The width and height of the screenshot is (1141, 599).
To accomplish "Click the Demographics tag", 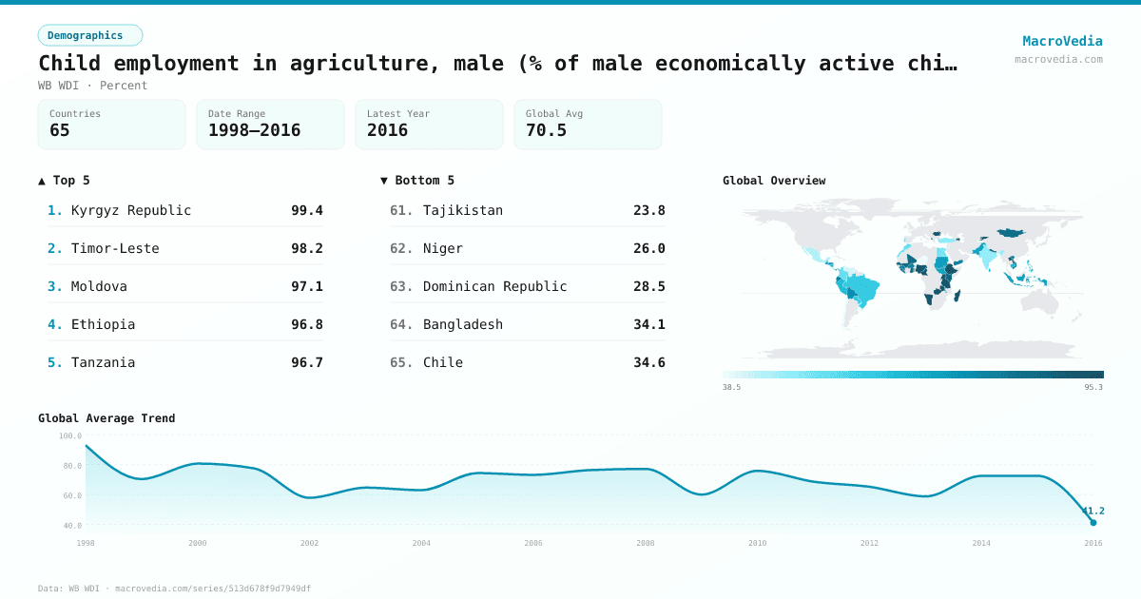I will (89, 35).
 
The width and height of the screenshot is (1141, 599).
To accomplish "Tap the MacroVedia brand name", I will (1062, 41).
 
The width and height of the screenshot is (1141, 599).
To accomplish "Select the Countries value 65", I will (60, 130).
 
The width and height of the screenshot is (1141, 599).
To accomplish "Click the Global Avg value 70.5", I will (546, 130).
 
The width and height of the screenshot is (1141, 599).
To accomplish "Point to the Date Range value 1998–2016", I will (254, 130).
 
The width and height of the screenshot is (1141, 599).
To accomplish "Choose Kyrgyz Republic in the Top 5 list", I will (131, 210).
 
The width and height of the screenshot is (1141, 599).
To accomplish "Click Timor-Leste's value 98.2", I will (307, 248).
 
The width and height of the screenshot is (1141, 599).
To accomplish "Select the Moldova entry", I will (99, 286).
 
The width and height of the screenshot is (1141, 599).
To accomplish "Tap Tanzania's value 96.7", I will (307, 362).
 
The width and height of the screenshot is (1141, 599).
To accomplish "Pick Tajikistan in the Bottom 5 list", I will (463, 210).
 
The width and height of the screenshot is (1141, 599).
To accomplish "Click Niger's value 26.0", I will (649, 248).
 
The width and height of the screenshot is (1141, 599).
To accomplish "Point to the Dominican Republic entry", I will (494, 286).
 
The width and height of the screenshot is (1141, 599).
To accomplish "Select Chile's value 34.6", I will (649, 362).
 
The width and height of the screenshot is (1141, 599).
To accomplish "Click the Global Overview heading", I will (774, 181).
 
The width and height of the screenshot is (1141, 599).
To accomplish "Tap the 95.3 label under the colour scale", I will (1093, 388).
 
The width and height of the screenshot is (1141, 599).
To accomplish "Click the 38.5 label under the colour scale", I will (731, 388).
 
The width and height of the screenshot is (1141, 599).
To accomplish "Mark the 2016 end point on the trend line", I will (1093, 522).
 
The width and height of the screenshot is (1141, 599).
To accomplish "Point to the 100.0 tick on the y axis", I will (70, 435).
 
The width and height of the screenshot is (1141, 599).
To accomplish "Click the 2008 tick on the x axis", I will (646, 543).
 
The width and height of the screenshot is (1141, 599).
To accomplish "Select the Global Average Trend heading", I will (106, 418).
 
